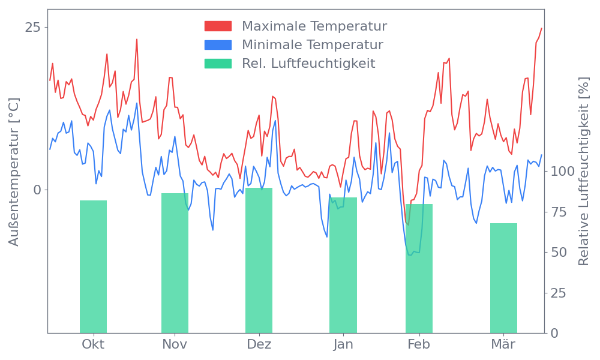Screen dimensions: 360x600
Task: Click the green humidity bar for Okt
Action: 93,266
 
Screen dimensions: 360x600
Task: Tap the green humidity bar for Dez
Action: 259,260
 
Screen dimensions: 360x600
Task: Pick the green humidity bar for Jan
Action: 343,265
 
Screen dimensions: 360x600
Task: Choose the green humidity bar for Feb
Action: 419,268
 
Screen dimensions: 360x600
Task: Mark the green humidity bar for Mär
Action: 503,278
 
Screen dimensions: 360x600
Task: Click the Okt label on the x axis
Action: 93,344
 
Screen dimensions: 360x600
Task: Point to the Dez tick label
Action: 259,344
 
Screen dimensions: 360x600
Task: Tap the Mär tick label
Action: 503,344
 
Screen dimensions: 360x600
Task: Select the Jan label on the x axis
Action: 343,344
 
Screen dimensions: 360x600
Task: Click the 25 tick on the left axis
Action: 32,28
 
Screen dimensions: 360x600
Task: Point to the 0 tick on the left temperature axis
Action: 37,190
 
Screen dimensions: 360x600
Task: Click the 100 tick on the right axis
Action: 563,172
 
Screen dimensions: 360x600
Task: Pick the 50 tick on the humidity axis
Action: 559,252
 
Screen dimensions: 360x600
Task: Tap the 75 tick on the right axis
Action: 559,212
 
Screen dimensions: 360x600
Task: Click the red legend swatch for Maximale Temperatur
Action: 218,26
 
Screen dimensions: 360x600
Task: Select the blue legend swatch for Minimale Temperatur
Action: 218,45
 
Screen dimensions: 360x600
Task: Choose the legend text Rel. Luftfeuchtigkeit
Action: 308,64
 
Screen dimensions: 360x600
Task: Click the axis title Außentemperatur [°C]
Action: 14,172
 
